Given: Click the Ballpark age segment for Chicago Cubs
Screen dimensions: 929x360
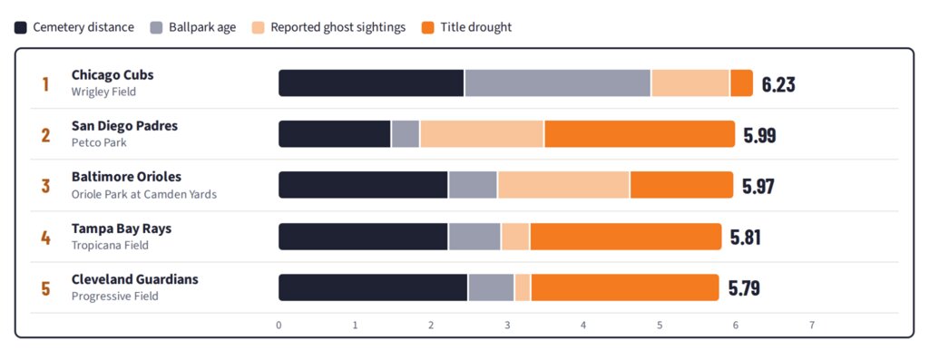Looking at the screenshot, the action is tap(558, 83).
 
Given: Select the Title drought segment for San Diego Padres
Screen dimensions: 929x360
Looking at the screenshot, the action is tap(640, 134).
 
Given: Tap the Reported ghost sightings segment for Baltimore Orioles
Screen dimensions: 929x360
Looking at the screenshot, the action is tap(563, 185).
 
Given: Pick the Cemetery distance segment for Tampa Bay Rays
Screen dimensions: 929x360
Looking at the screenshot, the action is tap(363, 237).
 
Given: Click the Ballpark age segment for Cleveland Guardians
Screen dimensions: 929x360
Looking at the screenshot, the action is tap(491, 287).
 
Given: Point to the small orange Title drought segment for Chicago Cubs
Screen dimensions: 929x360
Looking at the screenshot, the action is tap(742, 83).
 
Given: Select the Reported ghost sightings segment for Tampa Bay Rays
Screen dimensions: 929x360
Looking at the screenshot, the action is tap(515, 237).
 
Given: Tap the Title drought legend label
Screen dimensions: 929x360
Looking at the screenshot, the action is tap(476, 27).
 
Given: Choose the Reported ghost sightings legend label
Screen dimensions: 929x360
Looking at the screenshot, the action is tap(338, 28).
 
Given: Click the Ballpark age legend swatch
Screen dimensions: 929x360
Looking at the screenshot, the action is tap(156, 27).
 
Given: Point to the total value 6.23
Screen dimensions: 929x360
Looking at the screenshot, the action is tap(778, 84).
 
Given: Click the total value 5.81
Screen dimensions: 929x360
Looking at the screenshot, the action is tap(746, 238).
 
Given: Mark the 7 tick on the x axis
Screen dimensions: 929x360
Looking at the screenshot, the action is tap(812, 325).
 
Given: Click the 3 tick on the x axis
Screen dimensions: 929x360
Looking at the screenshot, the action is tap(507, 325).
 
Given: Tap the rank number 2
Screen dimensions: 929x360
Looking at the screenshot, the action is tap(45, 135).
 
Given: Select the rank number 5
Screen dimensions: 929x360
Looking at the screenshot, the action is tap(45, 288).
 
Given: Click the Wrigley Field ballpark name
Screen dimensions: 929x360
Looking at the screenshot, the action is tap(103, 92).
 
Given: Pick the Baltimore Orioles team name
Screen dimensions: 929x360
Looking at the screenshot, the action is tap(127, 177).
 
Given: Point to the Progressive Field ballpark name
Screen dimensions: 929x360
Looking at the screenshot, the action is tap(115, 296).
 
